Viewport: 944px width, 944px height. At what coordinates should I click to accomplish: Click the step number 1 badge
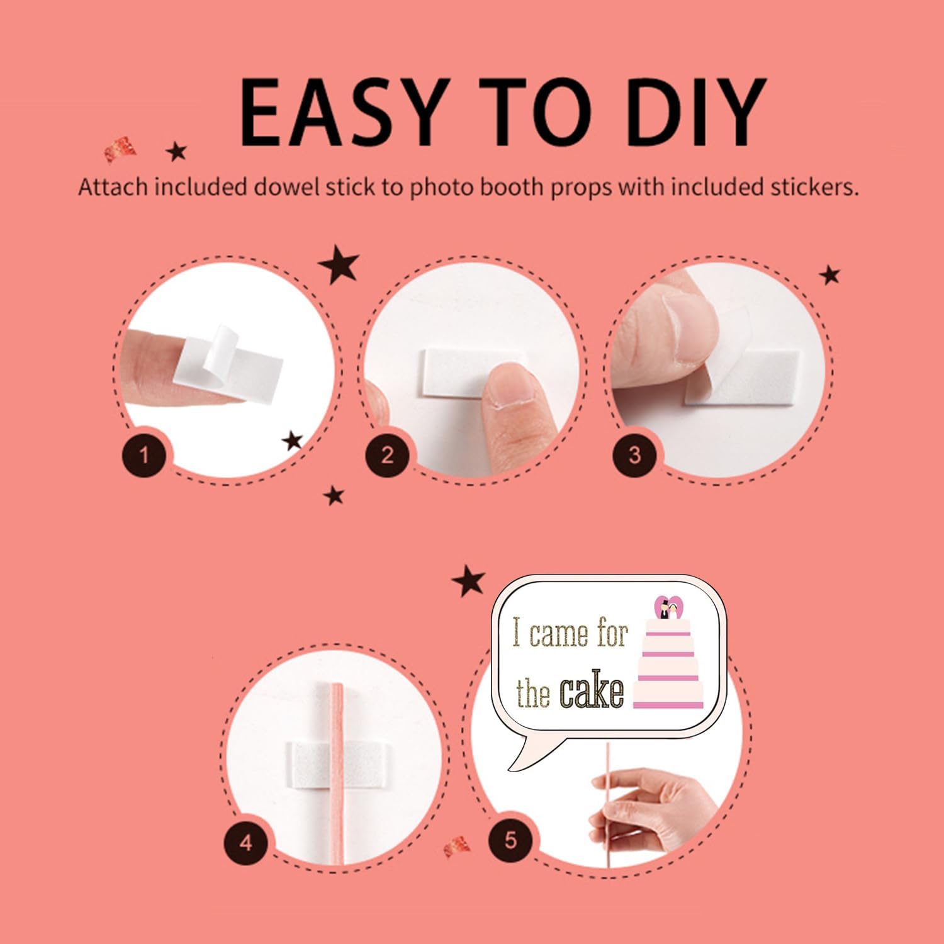(x=144, y=454)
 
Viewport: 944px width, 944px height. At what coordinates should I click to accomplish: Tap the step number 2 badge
(x=387, y=454)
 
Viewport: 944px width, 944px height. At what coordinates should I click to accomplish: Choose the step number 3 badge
(x=635, y=454)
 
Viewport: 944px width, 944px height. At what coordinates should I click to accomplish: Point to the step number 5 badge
(x=510, y=840)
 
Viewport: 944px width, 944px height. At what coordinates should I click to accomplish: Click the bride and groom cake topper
(x=668, y=609)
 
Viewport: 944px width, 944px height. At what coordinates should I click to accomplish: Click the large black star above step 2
(x=339, y=266)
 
